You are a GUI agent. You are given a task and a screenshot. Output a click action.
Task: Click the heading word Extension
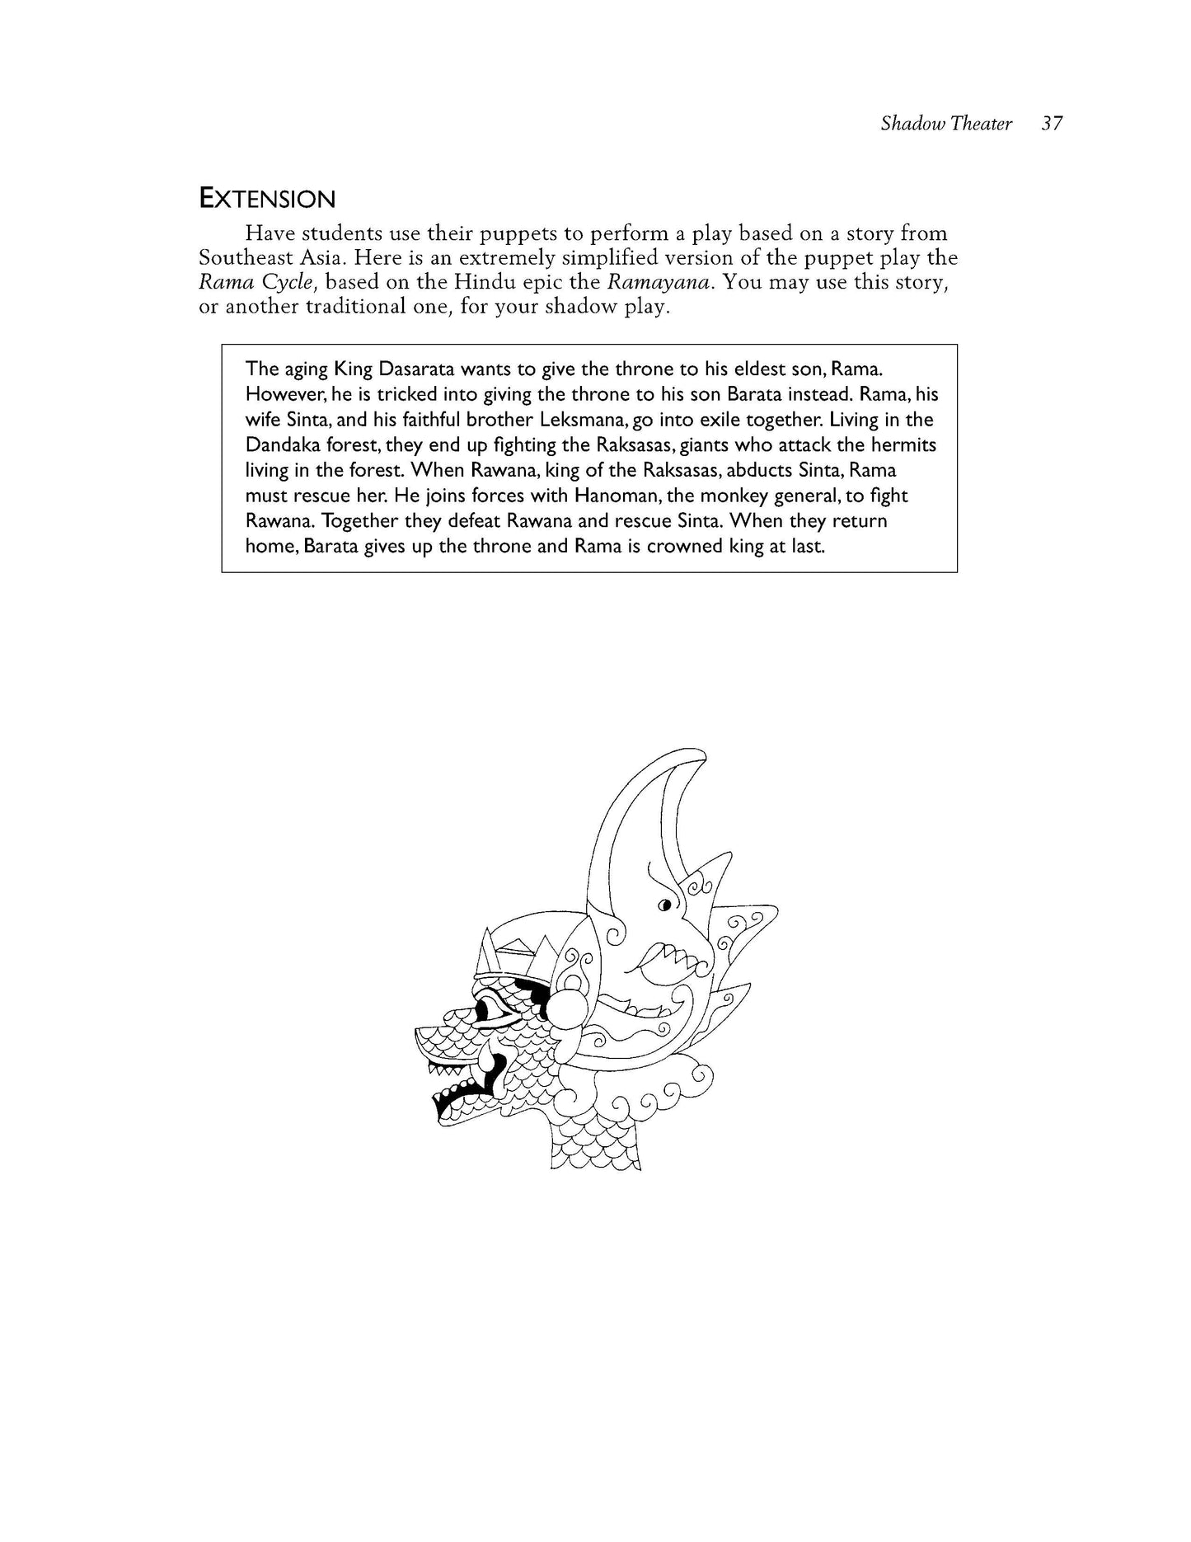tap(267, 199)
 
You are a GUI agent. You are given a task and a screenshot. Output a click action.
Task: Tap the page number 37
tap(1052, 124)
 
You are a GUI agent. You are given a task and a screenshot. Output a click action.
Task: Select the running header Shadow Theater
tap(945, 124)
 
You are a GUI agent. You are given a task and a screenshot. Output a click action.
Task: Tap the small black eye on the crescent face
tap(663, 906)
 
